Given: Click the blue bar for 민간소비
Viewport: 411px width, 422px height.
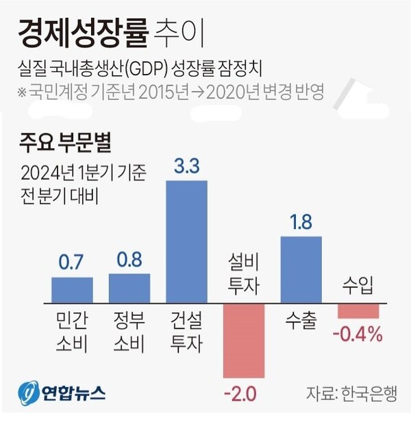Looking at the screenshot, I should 72,288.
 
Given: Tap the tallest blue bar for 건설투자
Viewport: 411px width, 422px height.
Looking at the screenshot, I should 186,240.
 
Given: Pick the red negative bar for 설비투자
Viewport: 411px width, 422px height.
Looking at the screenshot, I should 244,338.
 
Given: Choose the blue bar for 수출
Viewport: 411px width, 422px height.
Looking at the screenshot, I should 301,268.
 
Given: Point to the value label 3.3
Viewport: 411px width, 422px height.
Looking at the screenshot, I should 186,166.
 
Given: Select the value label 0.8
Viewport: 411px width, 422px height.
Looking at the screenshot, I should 129,260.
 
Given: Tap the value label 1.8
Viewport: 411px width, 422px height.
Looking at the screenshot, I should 301,223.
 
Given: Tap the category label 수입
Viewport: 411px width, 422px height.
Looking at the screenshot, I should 358,286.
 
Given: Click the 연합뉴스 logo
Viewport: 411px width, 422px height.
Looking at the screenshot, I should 62,393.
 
